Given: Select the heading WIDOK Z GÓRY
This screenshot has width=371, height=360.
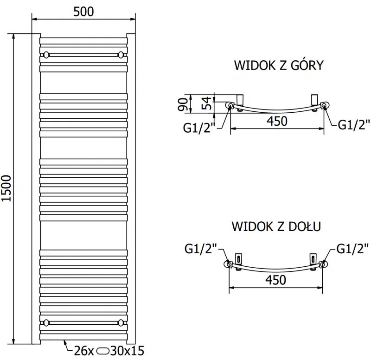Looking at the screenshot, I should pyautogui.click(x=278, y=65).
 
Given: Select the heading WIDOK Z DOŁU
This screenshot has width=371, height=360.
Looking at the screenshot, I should pyautogui.click(x=277, y=227).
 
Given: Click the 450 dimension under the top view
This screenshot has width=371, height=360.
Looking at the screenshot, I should pyautogui.click(x=277, y=121).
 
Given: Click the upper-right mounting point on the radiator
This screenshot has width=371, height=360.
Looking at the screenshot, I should pyautogui.click(x=121, y=55).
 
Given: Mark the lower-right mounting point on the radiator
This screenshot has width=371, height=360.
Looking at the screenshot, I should pyautogui.click(x=121, y=322).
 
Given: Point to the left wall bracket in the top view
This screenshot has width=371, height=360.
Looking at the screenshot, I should pyautogui.click(x=240, y=99).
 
